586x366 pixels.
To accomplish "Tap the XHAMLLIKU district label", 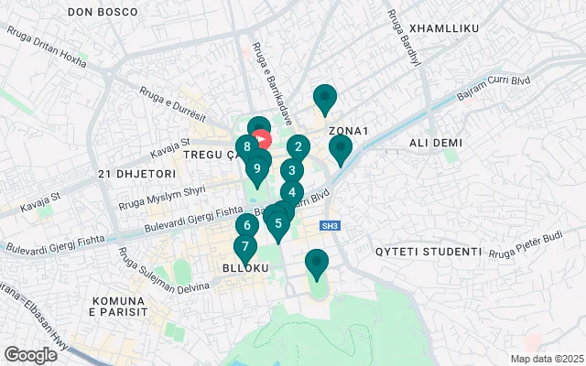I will tap(445, 29).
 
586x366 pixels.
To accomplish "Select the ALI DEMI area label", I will tap(436, 143).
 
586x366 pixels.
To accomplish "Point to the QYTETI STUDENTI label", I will tap(429, 251).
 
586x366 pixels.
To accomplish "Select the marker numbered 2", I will tap(298, 146).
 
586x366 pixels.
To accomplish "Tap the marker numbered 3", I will tap(291, 169).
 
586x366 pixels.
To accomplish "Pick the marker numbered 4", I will tap(291, 192).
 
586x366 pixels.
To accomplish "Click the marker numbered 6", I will tap(245, 225).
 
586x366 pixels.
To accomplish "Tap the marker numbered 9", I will tap(258, 167).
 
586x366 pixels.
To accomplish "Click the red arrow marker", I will tap(263, 140).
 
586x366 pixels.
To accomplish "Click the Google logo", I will tap(30, 355).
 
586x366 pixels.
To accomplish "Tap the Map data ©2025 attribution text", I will tap(546, 359).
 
